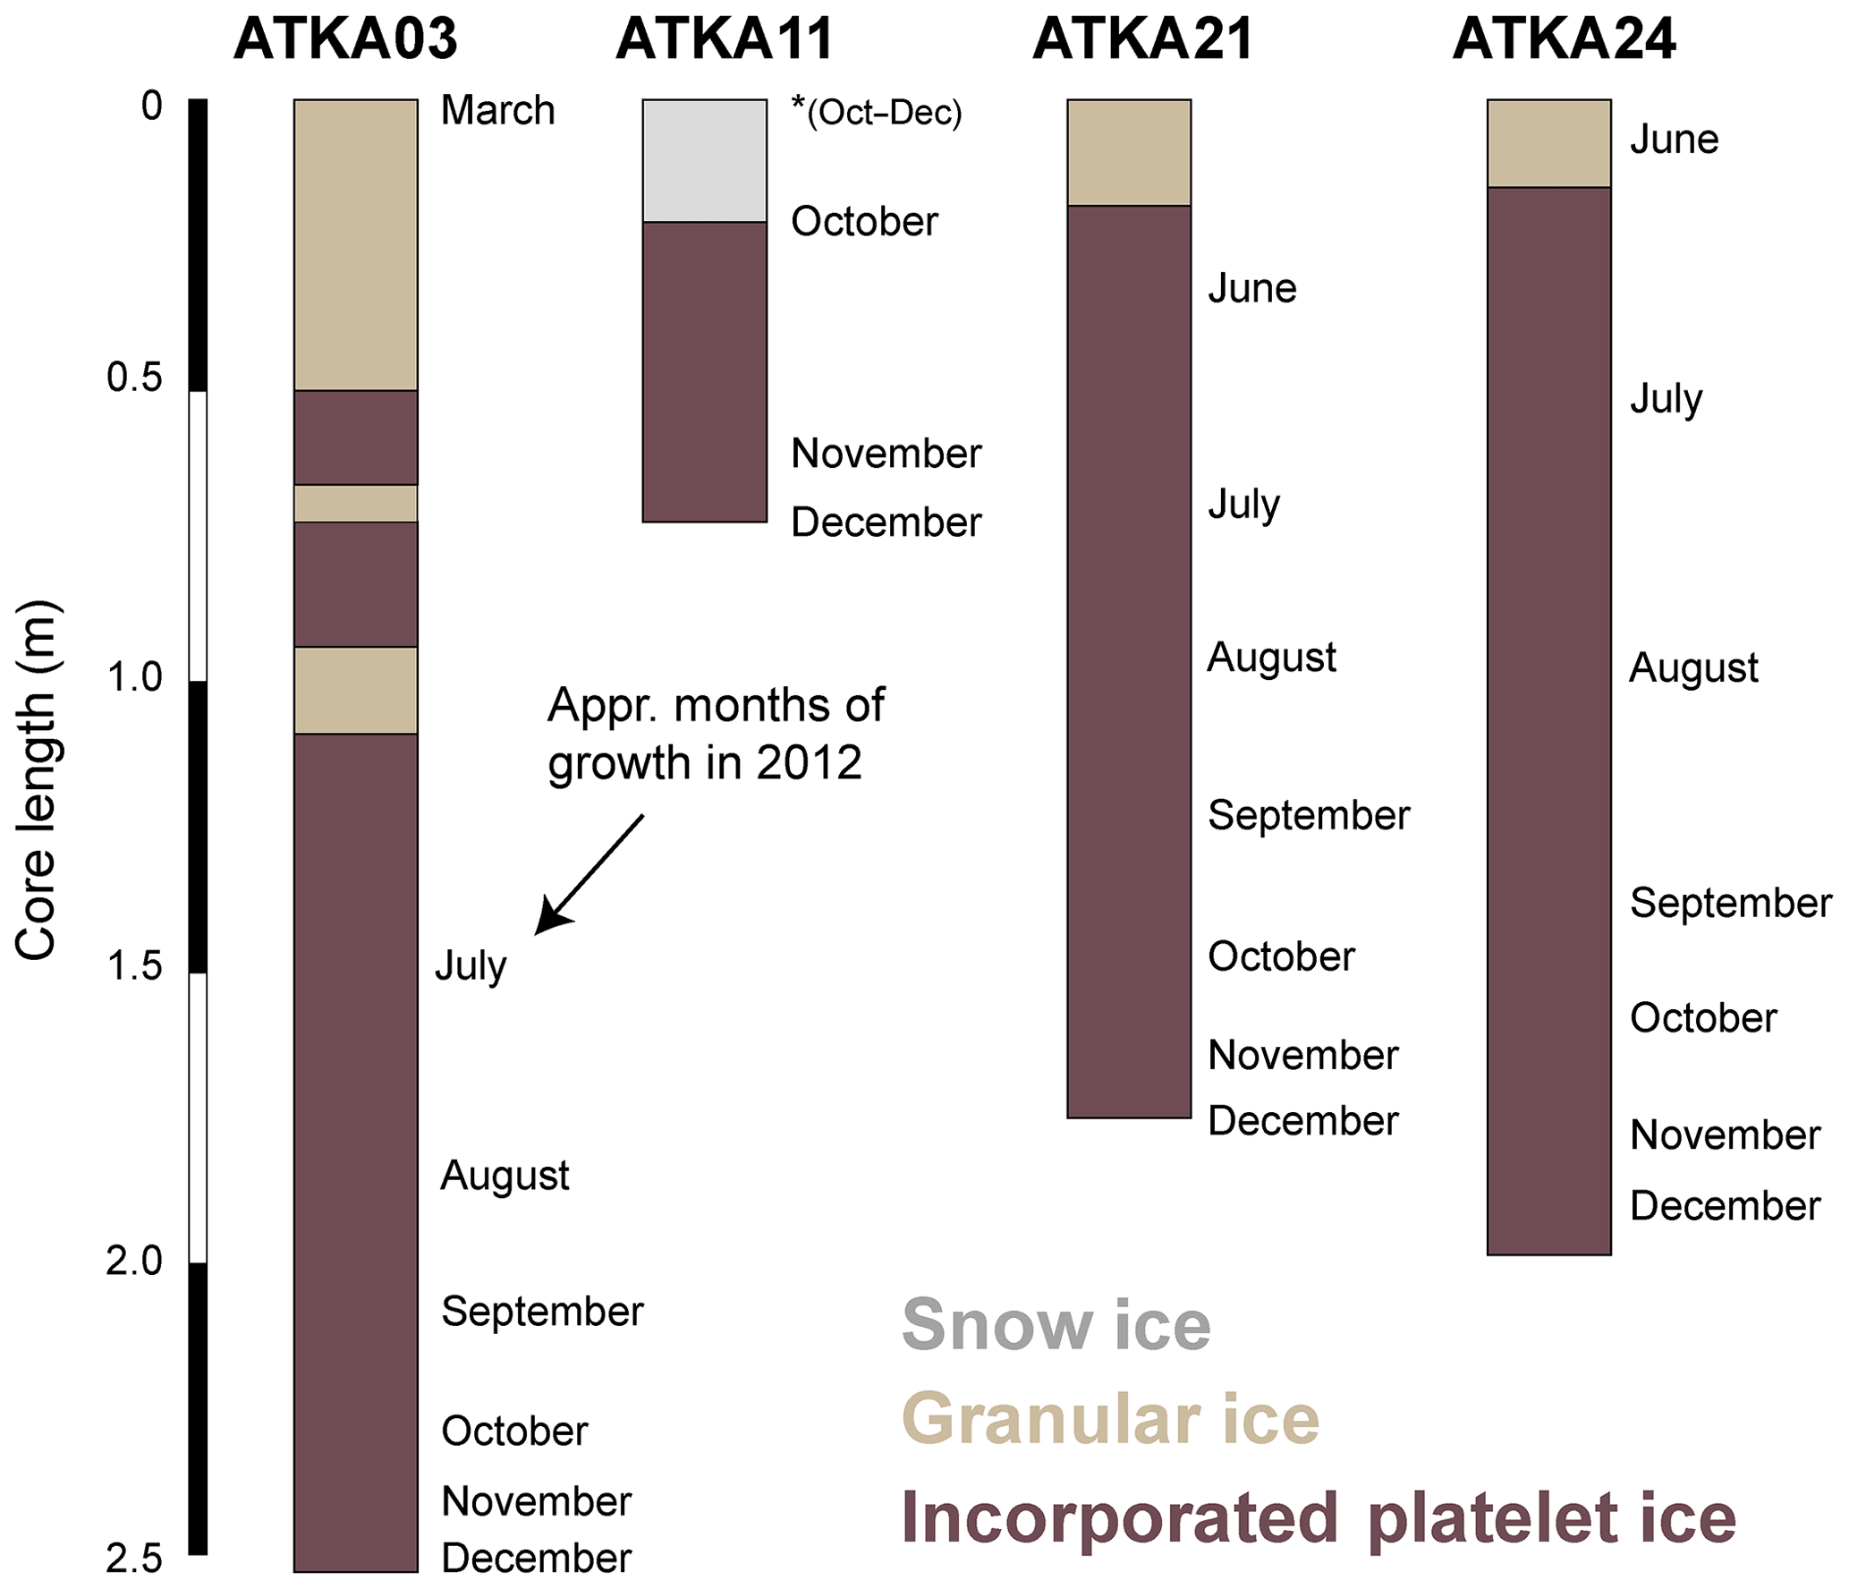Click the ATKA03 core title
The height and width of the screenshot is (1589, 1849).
pyautogui.click(x=345, y=38)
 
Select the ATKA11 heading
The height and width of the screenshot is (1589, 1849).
pyautogui.click(x=725, y=38)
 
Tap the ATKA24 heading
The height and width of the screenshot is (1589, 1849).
pyautogui.click(x=1564, y=38)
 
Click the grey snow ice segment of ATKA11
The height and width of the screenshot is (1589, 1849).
pyautogui.click(x=705, y=161)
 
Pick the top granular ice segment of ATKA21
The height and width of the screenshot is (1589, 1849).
pyautogui.click(x=1129, y=153)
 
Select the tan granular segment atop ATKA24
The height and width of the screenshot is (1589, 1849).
pyautogui.click(x=1549, y=143)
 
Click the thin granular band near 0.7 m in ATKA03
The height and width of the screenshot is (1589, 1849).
pyautogui.click(x=356, y=504)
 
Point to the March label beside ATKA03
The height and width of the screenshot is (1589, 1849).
pyautogui.click(x=498, y=111)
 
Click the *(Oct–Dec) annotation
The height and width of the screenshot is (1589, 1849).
pyautogui.click(x=877, y=112)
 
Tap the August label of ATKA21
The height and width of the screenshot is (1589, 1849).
pyautogui.click(x=1272, y=659)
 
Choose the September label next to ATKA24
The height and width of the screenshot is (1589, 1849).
pyautogui.click(x=1731, y=904)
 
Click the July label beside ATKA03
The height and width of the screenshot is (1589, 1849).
pyautogui.click(x=471, y=966)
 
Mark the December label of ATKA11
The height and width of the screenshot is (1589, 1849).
pyautogui.click(x=886, y=523)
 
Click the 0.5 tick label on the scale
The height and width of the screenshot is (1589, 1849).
pyautogui.click(x=134, y=378)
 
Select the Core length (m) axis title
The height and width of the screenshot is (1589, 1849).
pyautogui.click(x=36, y=781)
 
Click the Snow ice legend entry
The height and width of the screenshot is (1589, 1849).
pyautogui.click(x=1056, y=1325)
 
